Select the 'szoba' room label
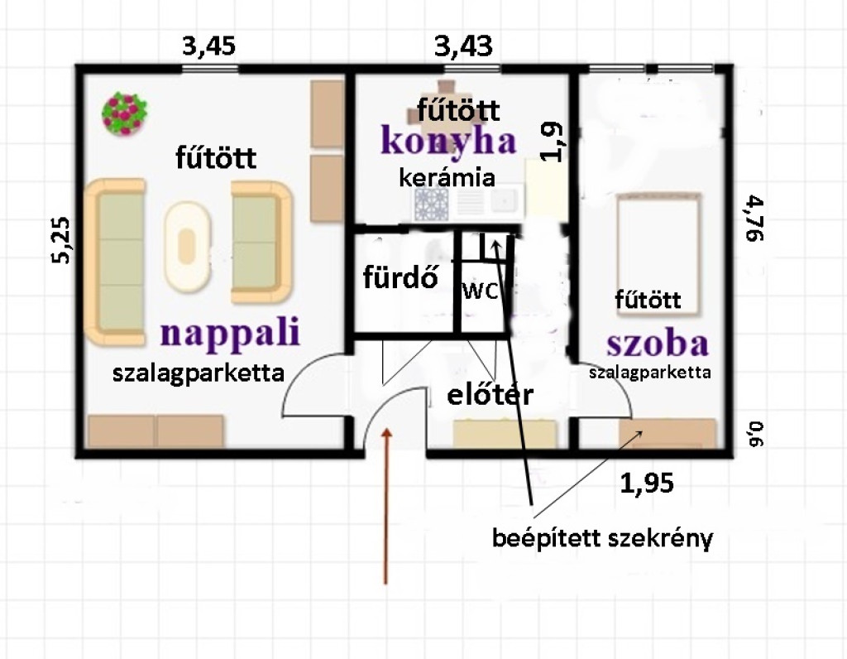click(658, 344)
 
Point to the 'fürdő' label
click(400, 278)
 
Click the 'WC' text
click(481, 292)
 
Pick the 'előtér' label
click(490, 394)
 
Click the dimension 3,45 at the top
click(209, 46)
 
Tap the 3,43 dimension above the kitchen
click(464, 46)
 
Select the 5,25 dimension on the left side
click(60, 240)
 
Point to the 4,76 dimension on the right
click(754, 219)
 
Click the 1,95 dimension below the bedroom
click(647, 483)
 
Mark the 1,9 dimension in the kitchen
click(552, 142)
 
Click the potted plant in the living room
click(125, 114)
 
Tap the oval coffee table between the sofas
click(187, 247)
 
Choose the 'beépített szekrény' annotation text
click(602, 538)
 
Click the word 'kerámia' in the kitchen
click(447, 177)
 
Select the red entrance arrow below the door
click(385, 506)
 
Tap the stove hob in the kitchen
click(431, 204)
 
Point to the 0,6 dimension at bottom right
click(756, 434)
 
